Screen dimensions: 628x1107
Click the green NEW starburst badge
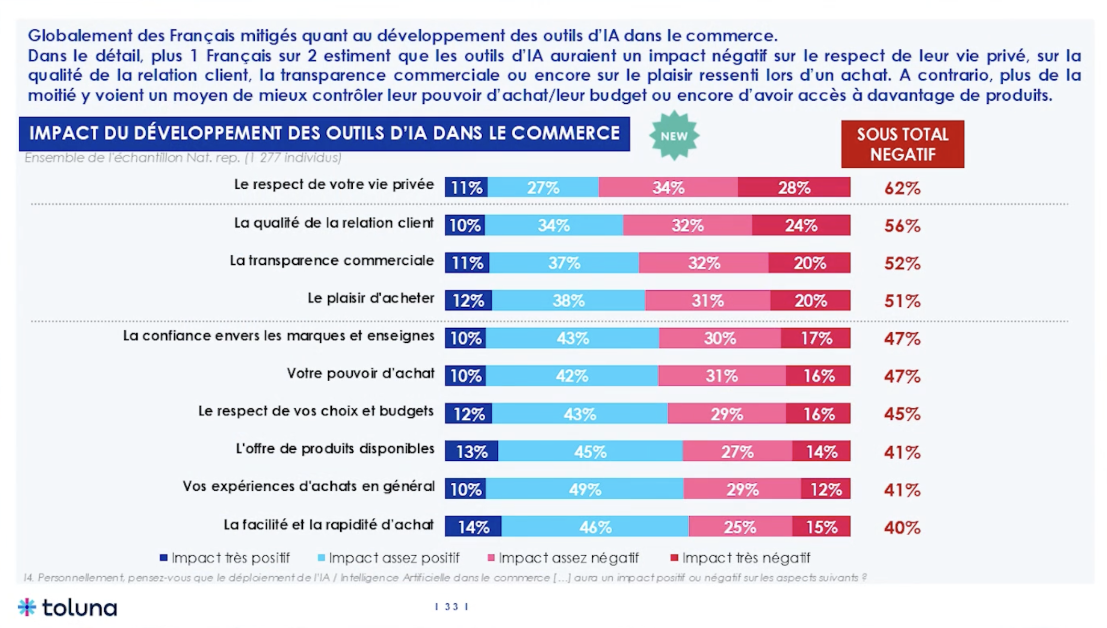click(x=674, y=135)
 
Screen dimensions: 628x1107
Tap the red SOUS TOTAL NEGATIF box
click(x=902, y=144)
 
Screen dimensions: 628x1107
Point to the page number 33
click(x=451, y=607)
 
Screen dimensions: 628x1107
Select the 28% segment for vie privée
click(x=794, y=187)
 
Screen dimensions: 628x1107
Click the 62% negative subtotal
click(x=902, y=188)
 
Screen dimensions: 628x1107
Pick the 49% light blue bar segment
click(x=585, y=489)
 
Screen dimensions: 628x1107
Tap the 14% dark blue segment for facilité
click(x=473, y=527)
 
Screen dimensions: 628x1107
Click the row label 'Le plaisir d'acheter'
click(x=371, y=298)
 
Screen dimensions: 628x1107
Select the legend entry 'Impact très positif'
click(x=225, y=558)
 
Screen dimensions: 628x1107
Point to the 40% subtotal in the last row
click(x=902, y=527)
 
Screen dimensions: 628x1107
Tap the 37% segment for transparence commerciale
click(x=564, y=263)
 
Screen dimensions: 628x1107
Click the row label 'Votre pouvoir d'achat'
click(x=361, y=373)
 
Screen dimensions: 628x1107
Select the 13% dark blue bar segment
click(x=471, y=451)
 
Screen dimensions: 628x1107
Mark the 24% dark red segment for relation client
click(x=800, y=225)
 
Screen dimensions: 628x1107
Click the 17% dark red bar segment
click(x=816, y=338)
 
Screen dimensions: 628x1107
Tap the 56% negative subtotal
click(x=902, y=226)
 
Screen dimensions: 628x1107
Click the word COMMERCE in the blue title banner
click(x=566, y=133)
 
